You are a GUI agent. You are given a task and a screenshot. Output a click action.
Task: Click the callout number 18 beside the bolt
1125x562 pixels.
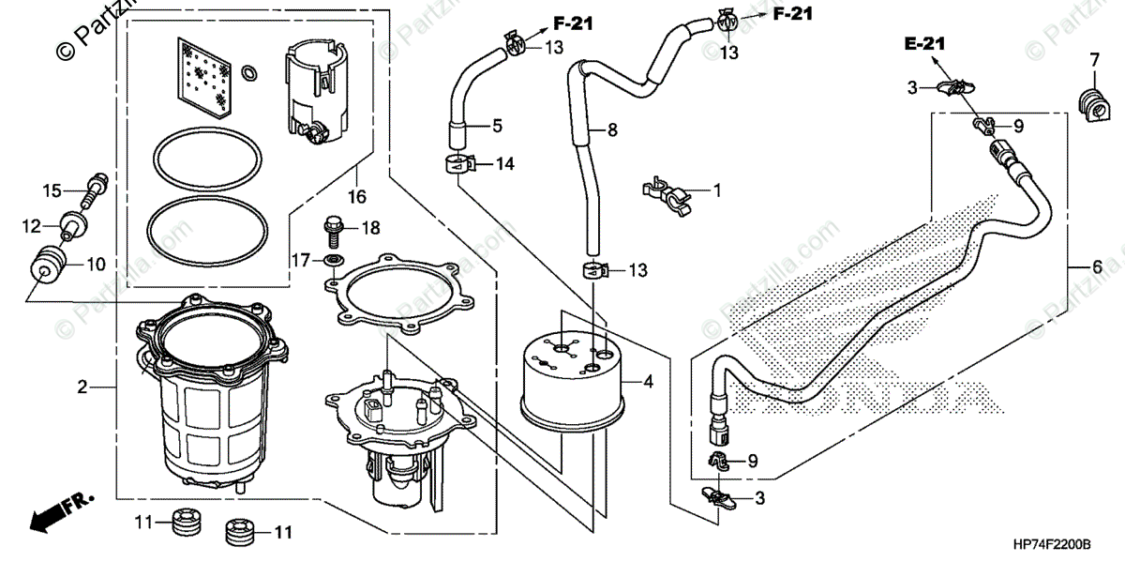[x=370, y=228]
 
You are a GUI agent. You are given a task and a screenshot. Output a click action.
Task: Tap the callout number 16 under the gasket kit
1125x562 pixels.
[x=356, y=197]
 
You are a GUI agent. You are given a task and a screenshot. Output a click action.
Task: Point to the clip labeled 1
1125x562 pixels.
[x=667, y=192]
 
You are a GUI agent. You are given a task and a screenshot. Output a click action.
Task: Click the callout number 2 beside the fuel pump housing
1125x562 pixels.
[x=82, y=386]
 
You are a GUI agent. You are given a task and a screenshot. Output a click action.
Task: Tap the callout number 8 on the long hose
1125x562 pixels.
[x=612, y=130]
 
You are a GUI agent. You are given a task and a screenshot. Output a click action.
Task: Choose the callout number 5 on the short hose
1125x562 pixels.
[x=497, y=124]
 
